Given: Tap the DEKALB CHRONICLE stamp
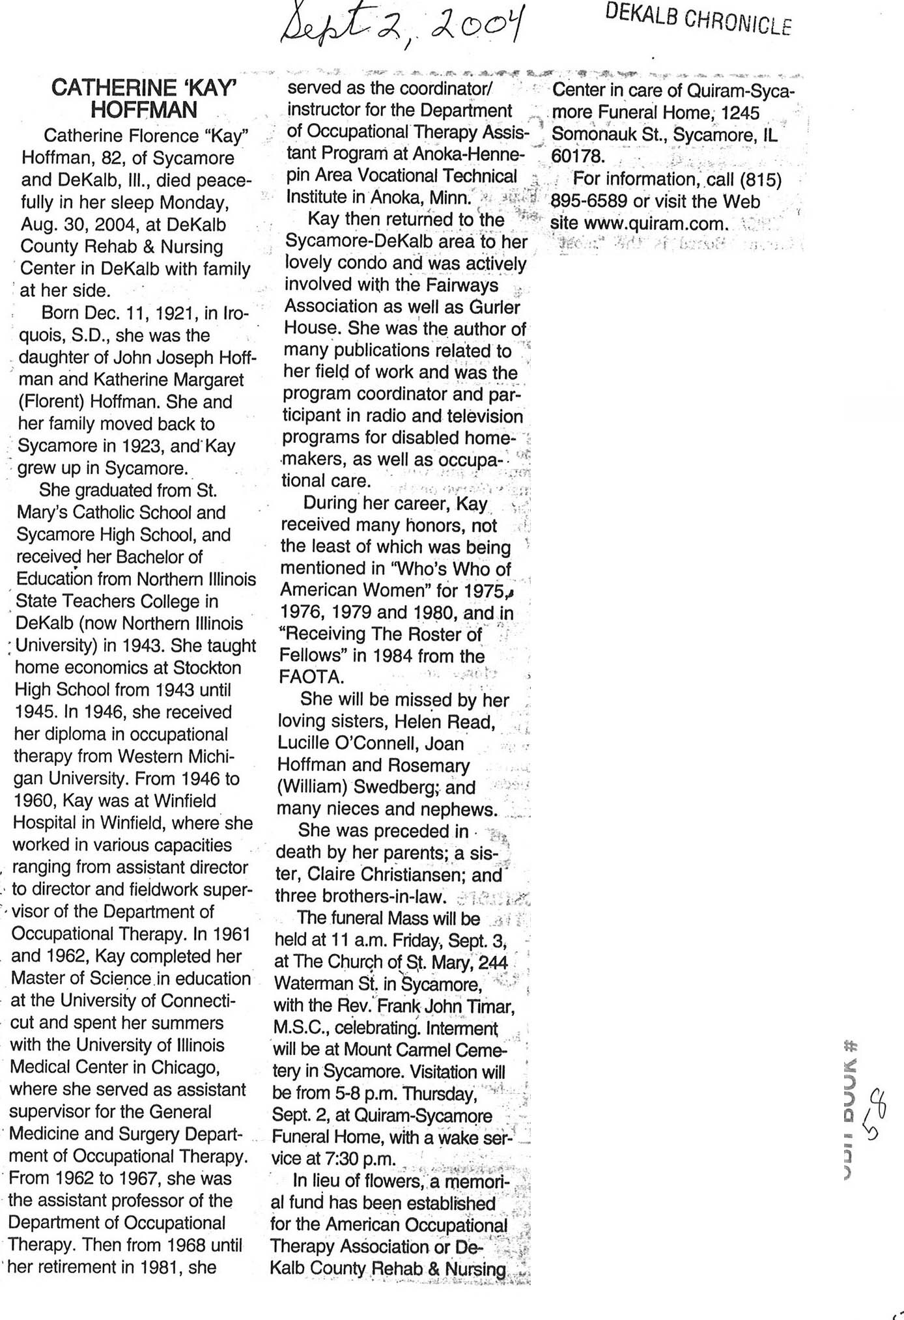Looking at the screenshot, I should coord(698,18).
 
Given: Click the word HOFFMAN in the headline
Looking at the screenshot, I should coord(144,110).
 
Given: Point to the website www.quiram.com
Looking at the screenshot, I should coord(655,224).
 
